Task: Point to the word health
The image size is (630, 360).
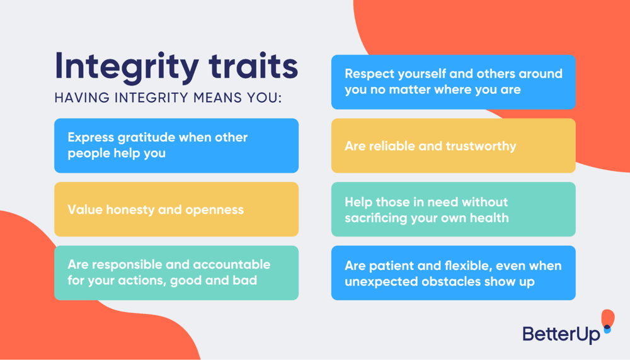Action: pyautogui.click(x=488, y=218)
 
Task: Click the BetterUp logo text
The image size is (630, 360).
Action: pyautogui.click(x=561, y=335)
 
